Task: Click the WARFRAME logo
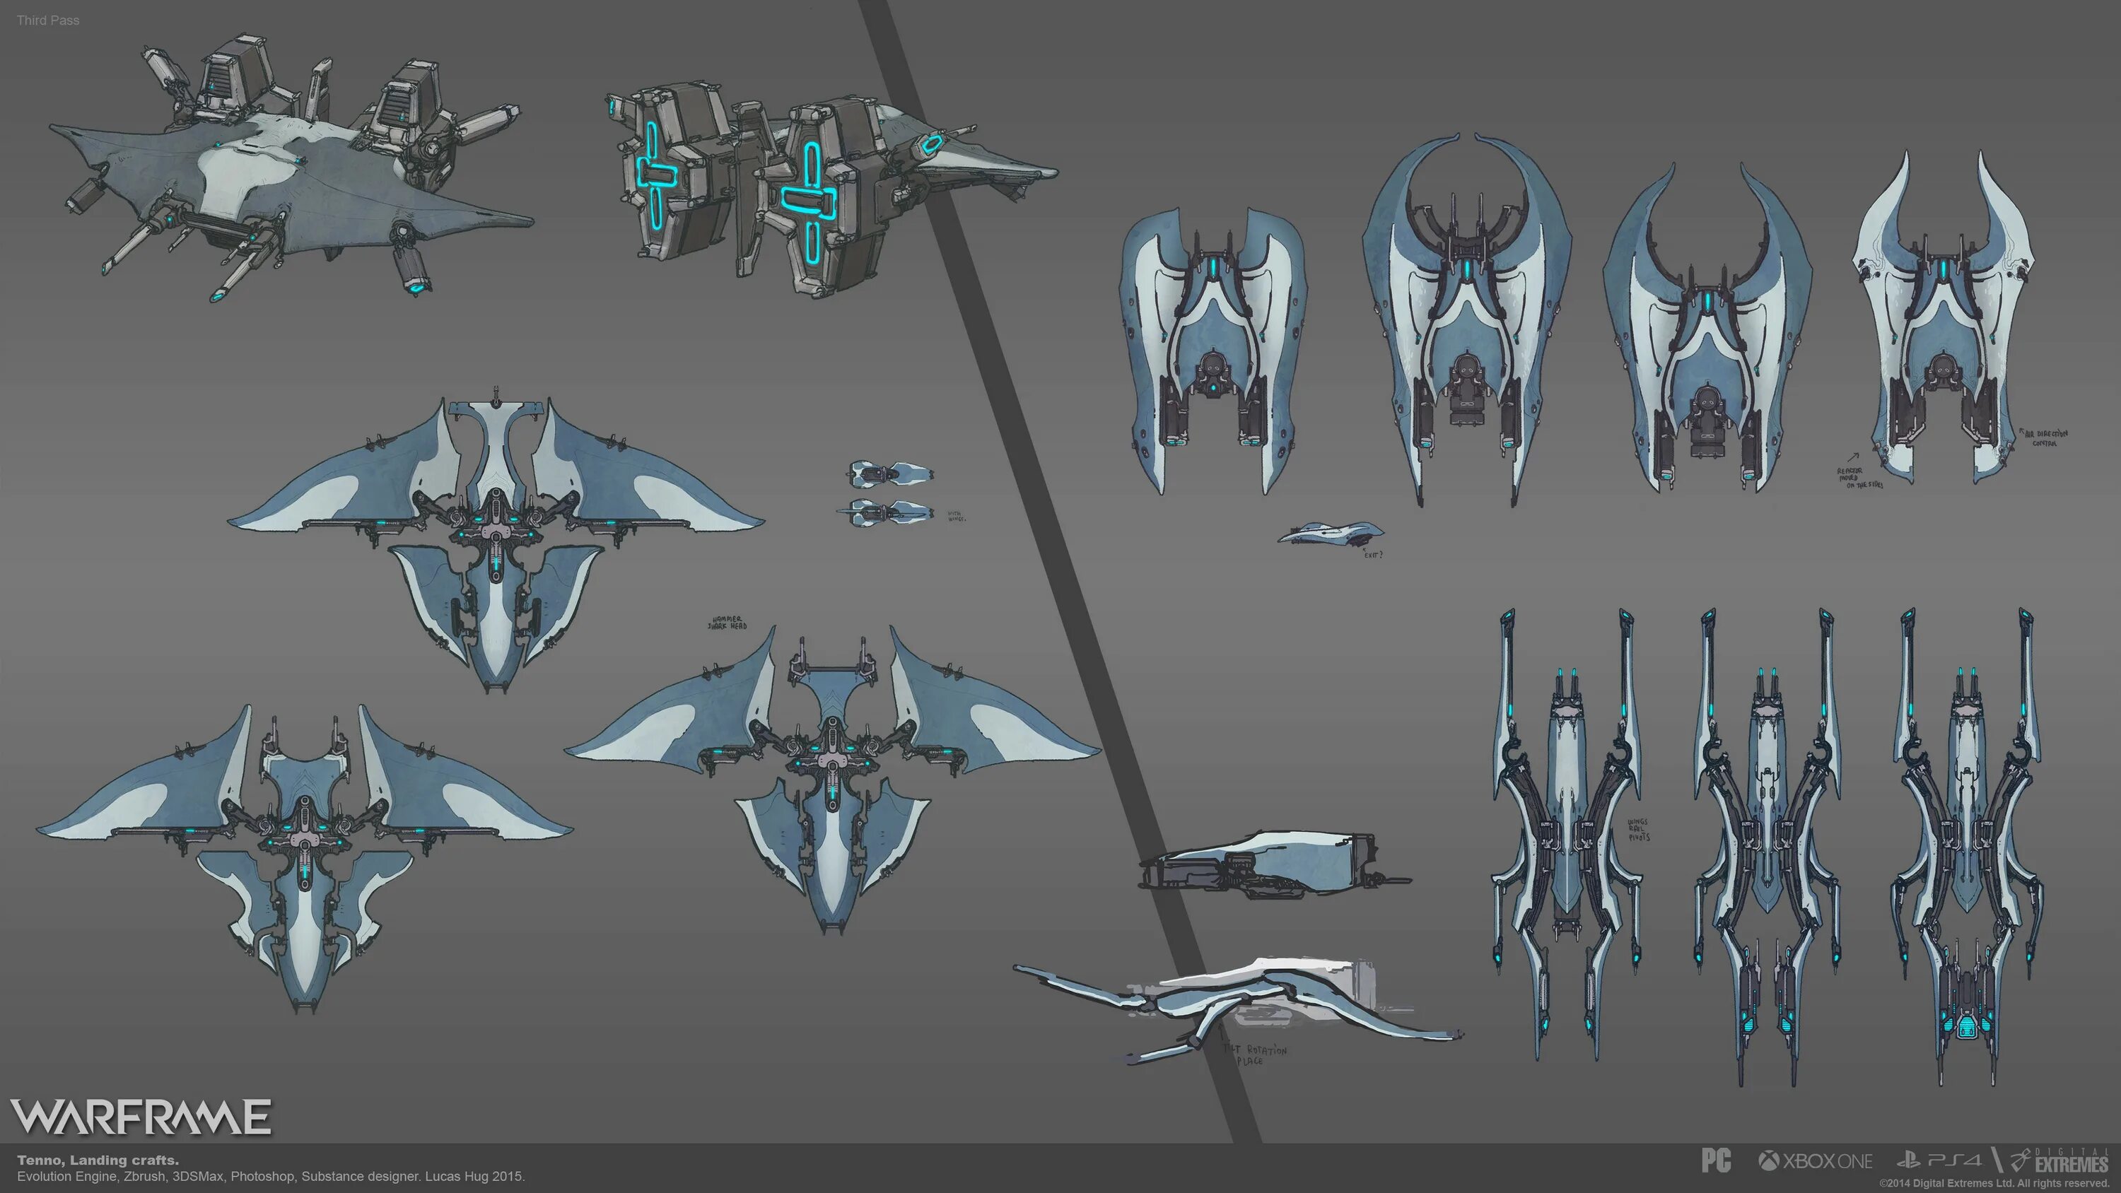[140, 1117]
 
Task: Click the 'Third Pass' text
[48, 20]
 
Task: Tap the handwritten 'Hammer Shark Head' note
[727, 623]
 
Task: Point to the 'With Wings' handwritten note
[956, 516]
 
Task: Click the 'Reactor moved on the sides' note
[1859, 478]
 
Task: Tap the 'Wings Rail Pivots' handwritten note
[1637, 829]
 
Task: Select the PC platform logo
[1716, 1161]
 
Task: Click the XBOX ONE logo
[1816, 1161]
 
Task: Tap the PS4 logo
[1939, 1161]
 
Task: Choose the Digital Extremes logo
[2058, 1161]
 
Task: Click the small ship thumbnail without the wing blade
[892, 474]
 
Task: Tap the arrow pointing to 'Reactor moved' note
[1852, 457]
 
